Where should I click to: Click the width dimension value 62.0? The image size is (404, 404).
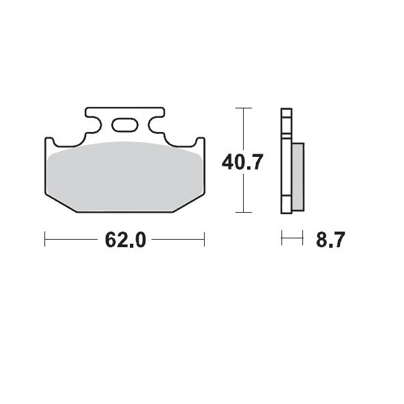pyautogui.click(x=125, y=240)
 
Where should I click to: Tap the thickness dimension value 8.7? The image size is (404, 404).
pyautogui.click(x=331, y=240)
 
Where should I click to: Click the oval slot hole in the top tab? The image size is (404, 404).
pyautogui.click(x=125, y=125)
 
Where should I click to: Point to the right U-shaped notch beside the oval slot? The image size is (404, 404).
pyautogui.click(x=151, y=125)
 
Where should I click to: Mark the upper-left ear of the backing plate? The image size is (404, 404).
pyautogui.click(x=49, y=143)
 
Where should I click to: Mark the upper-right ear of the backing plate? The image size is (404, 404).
pyautogui.click(x=200, y=143)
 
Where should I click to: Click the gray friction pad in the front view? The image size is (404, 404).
pyautogui.click(x=125, y=176)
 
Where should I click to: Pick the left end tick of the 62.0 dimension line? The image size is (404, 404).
pyautogui.click(x=45, y=239)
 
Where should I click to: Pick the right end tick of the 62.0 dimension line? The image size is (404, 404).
pyautogui.click(x=204, y=239)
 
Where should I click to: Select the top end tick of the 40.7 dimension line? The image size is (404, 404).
pyautogui.click(x=243, y=108)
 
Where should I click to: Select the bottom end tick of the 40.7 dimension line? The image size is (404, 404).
pyautogui.click(x=243, y=212)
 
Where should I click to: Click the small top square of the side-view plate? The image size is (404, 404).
pyautogui.click(x=286, y=113)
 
